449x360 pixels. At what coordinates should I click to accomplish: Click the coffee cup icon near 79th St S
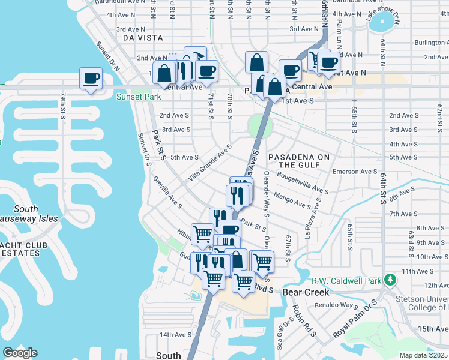pos(91,79)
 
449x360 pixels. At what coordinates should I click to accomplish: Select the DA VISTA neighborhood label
pos(142,37)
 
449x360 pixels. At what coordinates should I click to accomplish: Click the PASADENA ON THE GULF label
pos(299,161)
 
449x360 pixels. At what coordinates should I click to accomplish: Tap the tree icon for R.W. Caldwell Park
pos(391,280)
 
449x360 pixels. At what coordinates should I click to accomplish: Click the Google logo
pos(20,352)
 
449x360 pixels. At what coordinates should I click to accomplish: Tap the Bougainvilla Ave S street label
pos(303,182)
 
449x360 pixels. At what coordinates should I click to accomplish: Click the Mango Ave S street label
pos(292,200)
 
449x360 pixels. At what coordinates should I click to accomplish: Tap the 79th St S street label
pos(62,106)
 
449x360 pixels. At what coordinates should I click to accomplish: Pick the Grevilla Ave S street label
pos(167,192)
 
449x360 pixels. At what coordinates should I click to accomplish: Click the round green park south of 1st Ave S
pos(259,126)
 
